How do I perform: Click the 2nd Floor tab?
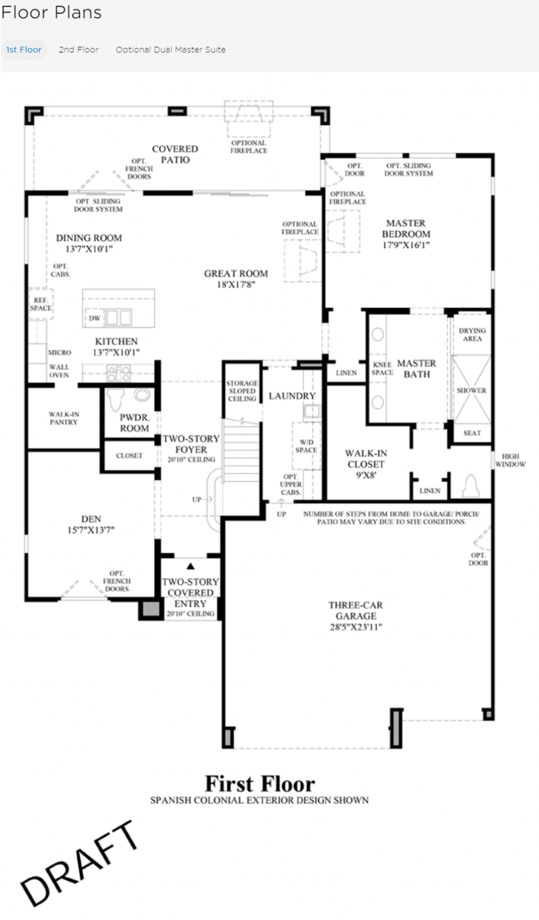click(79, 50)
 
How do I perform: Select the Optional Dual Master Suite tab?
click(171, 50)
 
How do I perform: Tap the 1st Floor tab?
click(24, 50)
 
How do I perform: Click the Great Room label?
click(236, 274)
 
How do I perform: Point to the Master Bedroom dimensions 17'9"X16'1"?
click(406, 245)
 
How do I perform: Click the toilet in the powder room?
click(116, 399)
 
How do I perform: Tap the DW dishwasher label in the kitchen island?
click(94, 319)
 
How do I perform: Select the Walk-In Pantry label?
click(64, 418)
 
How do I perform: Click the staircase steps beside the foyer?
click(242, 451)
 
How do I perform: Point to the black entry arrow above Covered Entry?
click(190, 566)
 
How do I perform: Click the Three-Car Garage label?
click(356, 610)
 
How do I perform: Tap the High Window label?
click(510, 461)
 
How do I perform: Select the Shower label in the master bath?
click(472, 390)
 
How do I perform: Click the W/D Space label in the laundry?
click(306, 446)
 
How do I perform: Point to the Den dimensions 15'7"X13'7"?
click(91, 530)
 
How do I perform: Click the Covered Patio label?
click(175, 154)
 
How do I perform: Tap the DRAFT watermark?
click(79, 864)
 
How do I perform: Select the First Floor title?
click(259, 784)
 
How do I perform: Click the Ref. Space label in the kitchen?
click(41, 304)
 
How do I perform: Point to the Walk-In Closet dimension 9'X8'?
click(366, 476)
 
